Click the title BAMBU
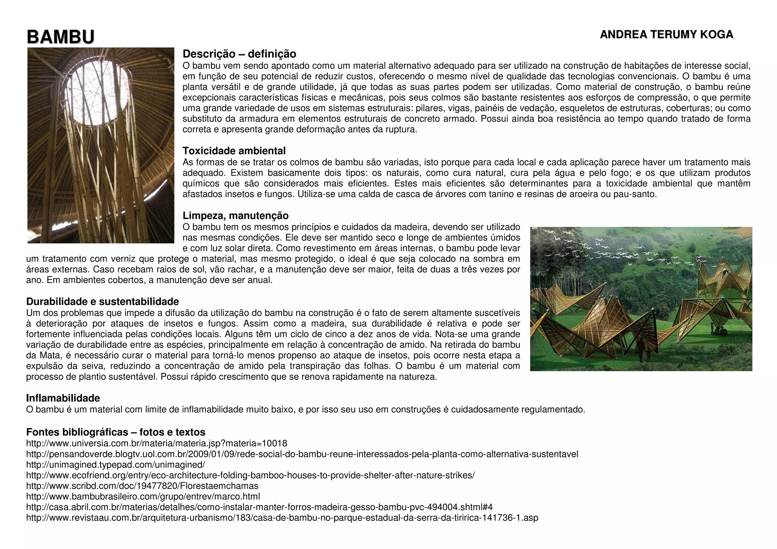point(60,37)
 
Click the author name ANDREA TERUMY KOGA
point(666,35)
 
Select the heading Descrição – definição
point(239,54)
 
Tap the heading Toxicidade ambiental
point(234,151)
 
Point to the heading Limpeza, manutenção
point(236,216)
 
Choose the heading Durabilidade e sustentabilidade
point(102,302)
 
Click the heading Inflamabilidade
point(63,398)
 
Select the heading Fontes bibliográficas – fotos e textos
point(116,432)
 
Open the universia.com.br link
point(156,444)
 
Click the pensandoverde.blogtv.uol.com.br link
point(302,454)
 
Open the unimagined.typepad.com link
point(115,465)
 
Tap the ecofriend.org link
point(250,475)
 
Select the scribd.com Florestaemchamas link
point(142,486)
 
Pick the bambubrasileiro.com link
point(143,497)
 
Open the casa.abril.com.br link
point(259,507)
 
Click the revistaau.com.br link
point(282,518)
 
